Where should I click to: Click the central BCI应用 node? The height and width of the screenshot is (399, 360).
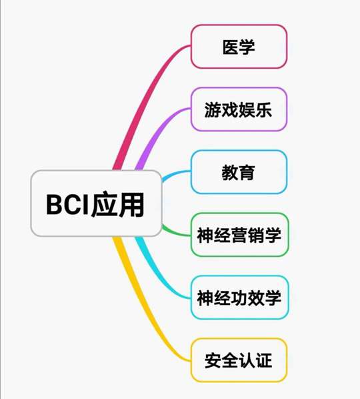click(x=96, y=204)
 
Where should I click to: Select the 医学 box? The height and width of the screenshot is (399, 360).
click(x=239, y=47)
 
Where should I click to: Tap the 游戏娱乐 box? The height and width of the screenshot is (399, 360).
click(x=239, y=109)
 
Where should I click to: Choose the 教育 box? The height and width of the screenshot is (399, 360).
click(x=239, y=172)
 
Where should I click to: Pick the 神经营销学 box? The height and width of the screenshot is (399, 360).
click(x=240, y=235)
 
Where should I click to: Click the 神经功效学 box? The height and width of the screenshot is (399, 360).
click(x=240, y=298)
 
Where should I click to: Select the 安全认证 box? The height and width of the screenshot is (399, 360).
click(x=239, y=360)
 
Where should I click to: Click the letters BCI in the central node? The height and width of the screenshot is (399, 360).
click(x=67, y=204)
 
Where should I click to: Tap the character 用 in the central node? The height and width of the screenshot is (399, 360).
click(x=131, y=204)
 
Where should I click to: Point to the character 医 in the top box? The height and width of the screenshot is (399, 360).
click(x=231, y=47)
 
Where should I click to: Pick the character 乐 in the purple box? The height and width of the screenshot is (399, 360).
click(x=263, y=109)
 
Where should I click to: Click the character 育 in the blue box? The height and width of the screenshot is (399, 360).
click(x=247, y=172)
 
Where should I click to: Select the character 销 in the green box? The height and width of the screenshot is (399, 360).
click(x=256, y=235)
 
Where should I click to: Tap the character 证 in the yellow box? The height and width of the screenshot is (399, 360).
click(x=264, y=360)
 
